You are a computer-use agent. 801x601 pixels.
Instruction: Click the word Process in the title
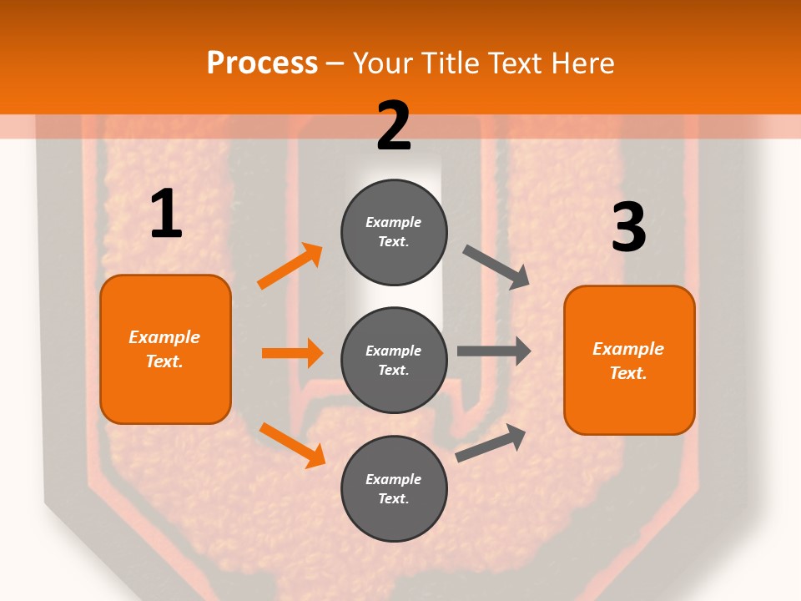pos(262,63)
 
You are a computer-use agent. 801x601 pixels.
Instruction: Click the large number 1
pos(166,215)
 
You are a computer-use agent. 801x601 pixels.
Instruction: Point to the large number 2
pos(394,126)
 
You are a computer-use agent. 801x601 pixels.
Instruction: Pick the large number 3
pos(628,228)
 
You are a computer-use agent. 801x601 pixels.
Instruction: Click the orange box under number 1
pos(165,349)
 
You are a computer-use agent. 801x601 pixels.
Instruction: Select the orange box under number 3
pos(629,360)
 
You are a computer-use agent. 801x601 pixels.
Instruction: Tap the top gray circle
pos(394,232)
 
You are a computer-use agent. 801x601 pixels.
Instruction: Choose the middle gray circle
pos(394,360)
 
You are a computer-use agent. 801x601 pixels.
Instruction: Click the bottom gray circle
pos(394,488)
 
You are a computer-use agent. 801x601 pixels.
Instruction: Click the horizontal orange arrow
pos(292,353)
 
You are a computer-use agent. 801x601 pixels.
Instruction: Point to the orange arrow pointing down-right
pos(292,445)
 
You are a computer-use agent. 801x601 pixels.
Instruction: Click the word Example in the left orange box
pos(164,337)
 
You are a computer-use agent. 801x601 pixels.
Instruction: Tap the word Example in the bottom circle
pos(394,479)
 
